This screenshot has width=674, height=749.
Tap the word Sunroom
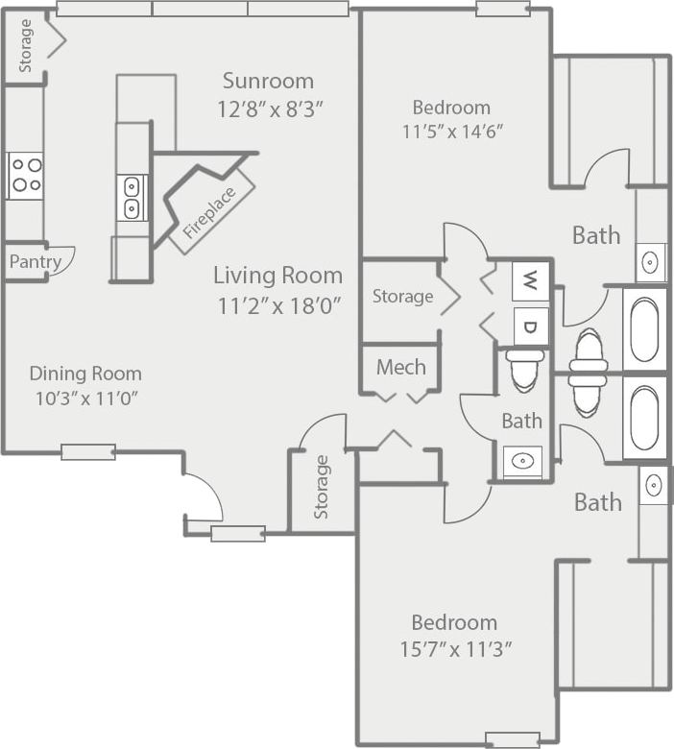coord(268,80)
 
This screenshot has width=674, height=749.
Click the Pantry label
coord(36,261)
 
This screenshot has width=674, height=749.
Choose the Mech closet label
coord(400,367)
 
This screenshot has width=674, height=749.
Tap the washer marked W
coord(529,281)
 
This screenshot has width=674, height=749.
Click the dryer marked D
coord(529,326)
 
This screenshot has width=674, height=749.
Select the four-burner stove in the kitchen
coord(25,176)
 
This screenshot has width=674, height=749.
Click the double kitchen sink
coord(132,197)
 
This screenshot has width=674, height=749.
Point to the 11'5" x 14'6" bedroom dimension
coord(451,132)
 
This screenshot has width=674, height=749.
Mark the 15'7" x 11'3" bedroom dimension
coord(454,648)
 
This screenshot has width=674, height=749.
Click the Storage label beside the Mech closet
coord(402,296)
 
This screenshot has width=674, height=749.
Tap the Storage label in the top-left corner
coord(26,46)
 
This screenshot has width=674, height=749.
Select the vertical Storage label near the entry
coord(321,487)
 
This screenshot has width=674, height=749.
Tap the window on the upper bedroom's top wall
coord(502,9)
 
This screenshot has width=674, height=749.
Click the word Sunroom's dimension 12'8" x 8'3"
coord(270,109)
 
